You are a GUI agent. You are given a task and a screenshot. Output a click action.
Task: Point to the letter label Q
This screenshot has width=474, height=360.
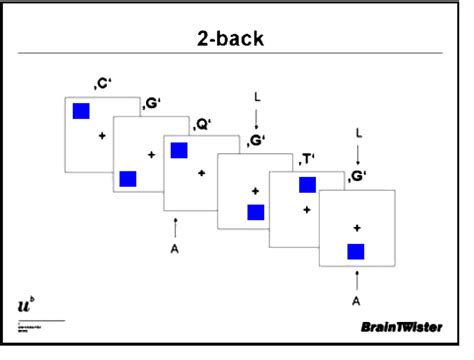click(x=203, y=124)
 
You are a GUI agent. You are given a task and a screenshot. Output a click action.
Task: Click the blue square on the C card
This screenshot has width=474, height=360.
click(x=81, y=111)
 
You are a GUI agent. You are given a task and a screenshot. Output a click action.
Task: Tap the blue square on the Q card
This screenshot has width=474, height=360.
click(x=179, y=150)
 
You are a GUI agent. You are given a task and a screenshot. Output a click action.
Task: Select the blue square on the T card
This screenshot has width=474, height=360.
click(x=307, y=184)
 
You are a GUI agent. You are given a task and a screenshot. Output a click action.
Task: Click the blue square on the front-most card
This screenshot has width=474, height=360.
click(x=356, y=251)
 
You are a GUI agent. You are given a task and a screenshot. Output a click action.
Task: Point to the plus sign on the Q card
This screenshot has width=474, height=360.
click(x=202, y=173)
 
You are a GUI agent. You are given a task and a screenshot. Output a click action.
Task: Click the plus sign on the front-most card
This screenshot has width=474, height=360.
click(x=356, y=227)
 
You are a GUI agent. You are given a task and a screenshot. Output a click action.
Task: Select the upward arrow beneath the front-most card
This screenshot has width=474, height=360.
click(x=355, y=278)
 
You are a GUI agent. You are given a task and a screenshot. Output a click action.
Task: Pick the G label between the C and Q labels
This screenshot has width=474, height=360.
click(x=152, y=103)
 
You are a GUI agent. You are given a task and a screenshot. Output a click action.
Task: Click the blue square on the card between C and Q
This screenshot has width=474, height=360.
click(x=128, y=179)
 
